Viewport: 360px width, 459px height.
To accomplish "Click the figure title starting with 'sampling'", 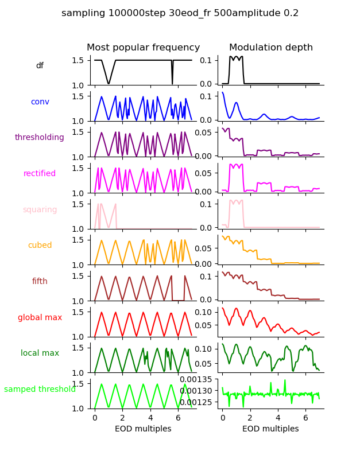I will (x=180, y=13).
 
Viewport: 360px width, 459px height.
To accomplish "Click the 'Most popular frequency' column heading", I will (x=143, y=48).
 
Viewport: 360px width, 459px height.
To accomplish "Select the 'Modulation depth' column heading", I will (x=271, y=48).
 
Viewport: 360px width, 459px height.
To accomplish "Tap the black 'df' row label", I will (x=40, y=66).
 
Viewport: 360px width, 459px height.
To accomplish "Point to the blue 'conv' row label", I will (x=40, y=102).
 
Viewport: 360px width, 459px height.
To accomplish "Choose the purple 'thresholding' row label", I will (x=40, y=138).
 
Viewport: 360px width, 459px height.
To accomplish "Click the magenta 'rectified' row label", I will (x=40, y=174).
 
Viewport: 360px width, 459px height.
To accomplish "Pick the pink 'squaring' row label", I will (x=40, y=210).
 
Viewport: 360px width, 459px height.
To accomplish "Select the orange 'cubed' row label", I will (x=40, y=246).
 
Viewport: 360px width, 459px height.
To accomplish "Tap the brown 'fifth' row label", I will (x=40, y=282).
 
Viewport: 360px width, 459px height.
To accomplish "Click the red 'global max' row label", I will (x=40, y=318).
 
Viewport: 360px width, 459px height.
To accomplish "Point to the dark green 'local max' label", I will (x=40, y=353).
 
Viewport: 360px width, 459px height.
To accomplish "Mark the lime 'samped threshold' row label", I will (x=40, y=390).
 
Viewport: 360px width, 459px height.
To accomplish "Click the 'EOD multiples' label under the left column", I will (x=143, y=429).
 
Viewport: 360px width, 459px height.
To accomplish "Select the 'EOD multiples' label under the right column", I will (x=270, y=429).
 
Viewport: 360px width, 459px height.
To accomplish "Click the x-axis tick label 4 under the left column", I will (x=150, y=418).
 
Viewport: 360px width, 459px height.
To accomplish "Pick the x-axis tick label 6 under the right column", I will (x=305, y=418).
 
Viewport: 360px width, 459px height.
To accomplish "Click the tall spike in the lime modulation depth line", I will (x=285, y=380).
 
